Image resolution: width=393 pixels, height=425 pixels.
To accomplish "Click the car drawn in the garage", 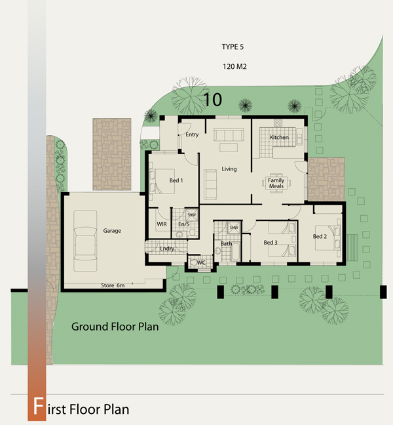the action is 85,241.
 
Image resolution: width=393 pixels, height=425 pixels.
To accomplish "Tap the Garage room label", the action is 112,231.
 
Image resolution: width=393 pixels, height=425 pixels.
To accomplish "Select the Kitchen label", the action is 279,137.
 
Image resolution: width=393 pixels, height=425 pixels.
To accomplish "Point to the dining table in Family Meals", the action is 276,183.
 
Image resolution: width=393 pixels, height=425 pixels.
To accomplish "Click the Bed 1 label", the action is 176,180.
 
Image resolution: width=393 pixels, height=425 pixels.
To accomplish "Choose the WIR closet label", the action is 162,224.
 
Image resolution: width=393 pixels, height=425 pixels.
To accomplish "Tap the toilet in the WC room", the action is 194,262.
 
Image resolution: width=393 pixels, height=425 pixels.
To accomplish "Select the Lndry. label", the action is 168,249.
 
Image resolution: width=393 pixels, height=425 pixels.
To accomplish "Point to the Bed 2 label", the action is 320,236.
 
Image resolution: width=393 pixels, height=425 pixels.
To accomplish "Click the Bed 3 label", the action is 271,242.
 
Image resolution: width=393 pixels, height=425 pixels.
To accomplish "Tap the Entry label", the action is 192,134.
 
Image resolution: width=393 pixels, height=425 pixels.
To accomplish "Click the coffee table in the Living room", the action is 229,148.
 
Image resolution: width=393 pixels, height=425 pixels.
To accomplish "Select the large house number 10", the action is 213,100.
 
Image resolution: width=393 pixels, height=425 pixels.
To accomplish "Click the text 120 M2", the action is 234,66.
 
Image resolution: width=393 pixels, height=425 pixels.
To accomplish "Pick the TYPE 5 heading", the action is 233,47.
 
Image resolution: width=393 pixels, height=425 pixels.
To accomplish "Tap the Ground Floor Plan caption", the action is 115,327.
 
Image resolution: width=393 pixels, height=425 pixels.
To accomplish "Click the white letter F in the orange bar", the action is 38,406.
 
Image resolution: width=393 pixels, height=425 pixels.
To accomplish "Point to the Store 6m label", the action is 113,285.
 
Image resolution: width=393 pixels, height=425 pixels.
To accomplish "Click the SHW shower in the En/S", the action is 192,215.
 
